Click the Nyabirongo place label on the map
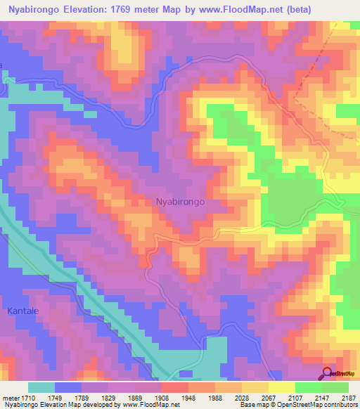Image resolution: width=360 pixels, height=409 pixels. [179, 201]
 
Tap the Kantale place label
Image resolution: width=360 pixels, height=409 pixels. [26, 310]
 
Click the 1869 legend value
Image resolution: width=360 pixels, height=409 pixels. [148, 397]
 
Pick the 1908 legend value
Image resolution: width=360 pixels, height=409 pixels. [174, 397]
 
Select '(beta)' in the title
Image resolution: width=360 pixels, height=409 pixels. [294, 11]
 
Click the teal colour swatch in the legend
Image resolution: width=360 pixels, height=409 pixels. [41, 387]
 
